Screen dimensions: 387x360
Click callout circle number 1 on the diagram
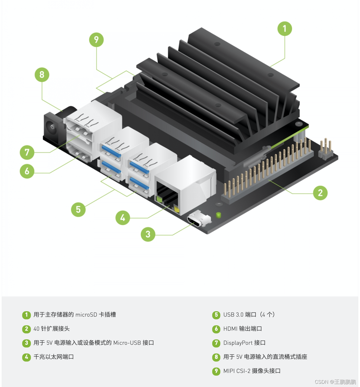point(284,29)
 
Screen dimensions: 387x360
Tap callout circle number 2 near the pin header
point(320,193)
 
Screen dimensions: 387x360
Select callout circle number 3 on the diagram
point(148,234)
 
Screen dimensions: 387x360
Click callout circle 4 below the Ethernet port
point(123,218)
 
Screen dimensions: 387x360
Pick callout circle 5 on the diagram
point(78,209)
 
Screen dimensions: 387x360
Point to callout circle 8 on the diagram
point(42,75)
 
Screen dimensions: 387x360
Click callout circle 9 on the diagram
point(96,40)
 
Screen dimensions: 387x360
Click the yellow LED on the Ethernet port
point(177,209)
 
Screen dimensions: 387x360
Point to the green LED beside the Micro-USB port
point(218,215)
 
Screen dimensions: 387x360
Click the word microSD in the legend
point(86,315)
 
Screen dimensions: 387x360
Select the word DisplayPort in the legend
point(238,343)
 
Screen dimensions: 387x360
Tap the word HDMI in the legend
point(230,329)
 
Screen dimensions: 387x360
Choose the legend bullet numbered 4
point(26,357)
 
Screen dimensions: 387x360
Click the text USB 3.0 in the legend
point(233,315)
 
